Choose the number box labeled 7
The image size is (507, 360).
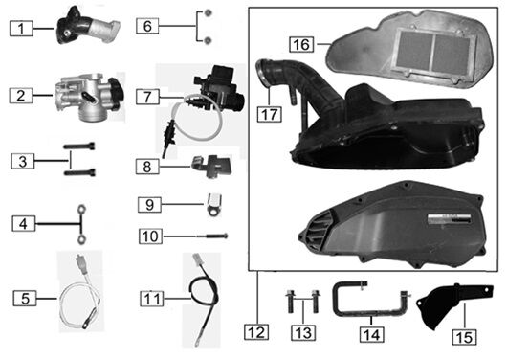[146, 96]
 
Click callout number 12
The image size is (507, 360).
[253, 332]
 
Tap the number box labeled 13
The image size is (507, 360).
[302, 332]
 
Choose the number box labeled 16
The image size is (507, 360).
[300, 43]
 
